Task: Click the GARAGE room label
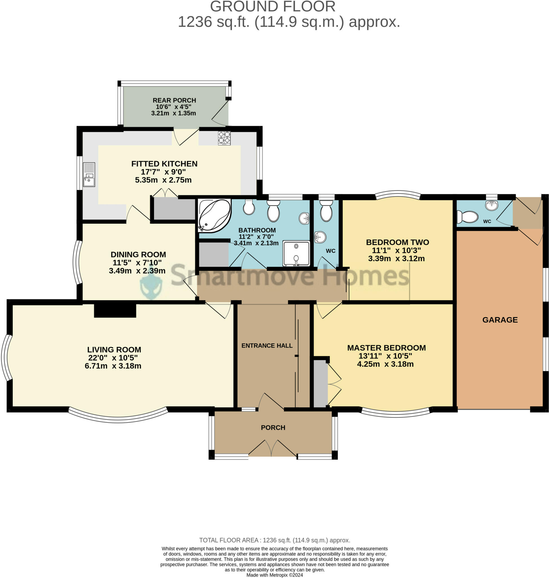(x=500, y=320)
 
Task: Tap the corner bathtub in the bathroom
(x=214, y=216)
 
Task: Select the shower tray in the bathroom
(x=296, y=253)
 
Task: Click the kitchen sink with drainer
(x=89, y=174)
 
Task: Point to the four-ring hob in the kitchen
(x=224, y=138)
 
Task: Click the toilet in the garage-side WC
(x=467, y=217)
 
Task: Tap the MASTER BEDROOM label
(x=386, y=348)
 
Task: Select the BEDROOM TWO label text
(x=398, y=242)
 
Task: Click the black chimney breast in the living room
(x=115, y=311)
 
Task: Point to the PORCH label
(x=273, y=428)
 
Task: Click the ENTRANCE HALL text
(x=267, y=345)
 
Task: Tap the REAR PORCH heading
(x=174, y=100)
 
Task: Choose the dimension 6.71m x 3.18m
(x=113, y=366)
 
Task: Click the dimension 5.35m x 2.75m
(x=163, y=180)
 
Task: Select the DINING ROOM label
(x=138, y=255)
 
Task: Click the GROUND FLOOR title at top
(x=273, y=6)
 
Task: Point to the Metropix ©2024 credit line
(x=274, y=575)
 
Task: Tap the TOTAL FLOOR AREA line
(x=274, y=540)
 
